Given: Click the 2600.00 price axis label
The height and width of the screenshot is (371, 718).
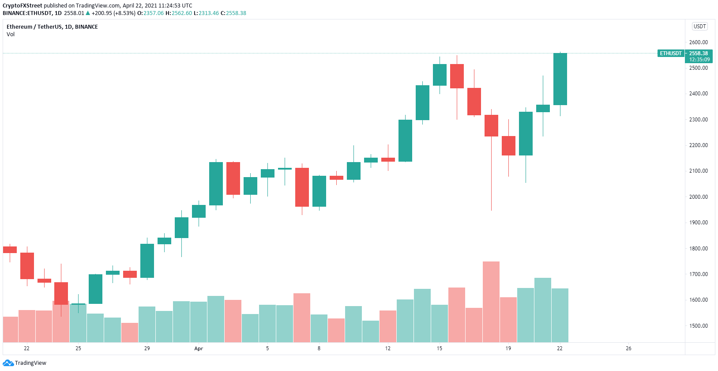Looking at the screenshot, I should tap(698, 42).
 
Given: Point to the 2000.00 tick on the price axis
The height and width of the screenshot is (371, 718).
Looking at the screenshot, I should tap(698, 197).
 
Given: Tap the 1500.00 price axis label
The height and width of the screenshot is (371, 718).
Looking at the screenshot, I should tap(698, 326).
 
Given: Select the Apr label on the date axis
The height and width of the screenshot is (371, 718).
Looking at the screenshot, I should tap(199, 348).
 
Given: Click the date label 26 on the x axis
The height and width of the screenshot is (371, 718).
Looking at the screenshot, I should tap(628, 348).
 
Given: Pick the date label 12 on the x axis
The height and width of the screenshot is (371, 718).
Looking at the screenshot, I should tap(387, 348).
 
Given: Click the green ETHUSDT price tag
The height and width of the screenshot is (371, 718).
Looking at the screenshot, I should tap(671, 53).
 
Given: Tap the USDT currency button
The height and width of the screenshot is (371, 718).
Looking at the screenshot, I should tap(700, 26).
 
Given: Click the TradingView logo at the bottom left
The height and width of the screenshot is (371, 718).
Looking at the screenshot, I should tap(25, 363).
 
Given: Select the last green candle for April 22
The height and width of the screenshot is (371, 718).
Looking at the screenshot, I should tap(560, 79).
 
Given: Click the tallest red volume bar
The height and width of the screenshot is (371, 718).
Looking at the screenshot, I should tap(491, 302).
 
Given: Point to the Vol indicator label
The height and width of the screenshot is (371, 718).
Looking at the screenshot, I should tap(11, 34).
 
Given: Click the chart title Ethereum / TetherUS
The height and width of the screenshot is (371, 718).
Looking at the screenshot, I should tap(52, 27).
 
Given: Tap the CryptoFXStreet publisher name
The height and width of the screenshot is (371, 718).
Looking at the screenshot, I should tap(23, 6).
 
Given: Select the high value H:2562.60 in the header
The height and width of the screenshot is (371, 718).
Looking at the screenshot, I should tap(179, 13).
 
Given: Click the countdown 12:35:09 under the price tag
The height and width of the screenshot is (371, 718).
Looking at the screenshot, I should tap(699, 60).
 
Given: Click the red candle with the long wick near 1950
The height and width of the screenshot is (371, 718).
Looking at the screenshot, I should tap(491, 125).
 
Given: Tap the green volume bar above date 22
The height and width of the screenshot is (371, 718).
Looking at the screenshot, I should tap(560, 315).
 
